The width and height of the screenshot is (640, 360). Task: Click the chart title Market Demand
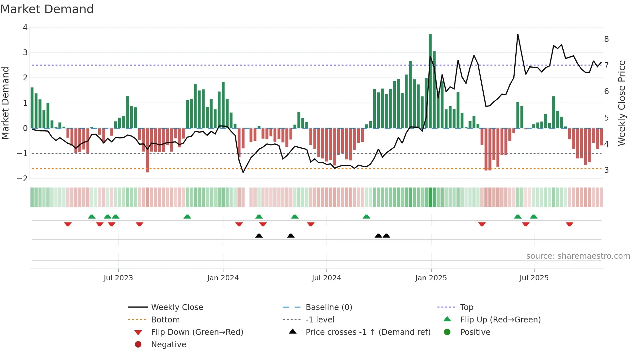tap(47, 9)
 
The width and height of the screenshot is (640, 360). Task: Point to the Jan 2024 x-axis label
tap(223, 278)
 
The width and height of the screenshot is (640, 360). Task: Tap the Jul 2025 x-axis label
tap(534, 278)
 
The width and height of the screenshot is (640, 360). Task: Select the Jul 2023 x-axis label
tap(118, 278)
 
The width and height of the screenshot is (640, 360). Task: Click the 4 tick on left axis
tap(25, 27)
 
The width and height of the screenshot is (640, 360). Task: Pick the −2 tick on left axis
tap(23, 179)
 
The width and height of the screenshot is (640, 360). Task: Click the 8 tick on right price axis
tap(606, 39)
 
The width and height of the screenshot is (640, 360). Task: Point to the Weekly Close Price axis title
tap(622, 103)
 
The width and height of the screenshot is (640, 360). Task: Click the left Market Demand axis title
tap(5, 103)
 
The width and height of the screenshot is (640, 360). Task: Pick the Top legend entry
tap(466, 307)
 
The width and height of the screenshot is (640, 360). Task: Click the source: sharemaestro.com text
tap(578, 256)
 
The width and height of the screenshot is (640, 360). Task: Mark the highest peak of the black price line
tap(518, 34)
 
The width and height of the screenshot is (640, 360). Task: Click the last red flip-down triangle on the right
tap(569, 224)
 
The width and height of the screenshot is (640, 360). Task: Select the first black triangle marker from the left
tap(259, 236)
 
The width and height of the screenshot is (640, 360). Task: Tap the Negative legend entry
tap(168, 345)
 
